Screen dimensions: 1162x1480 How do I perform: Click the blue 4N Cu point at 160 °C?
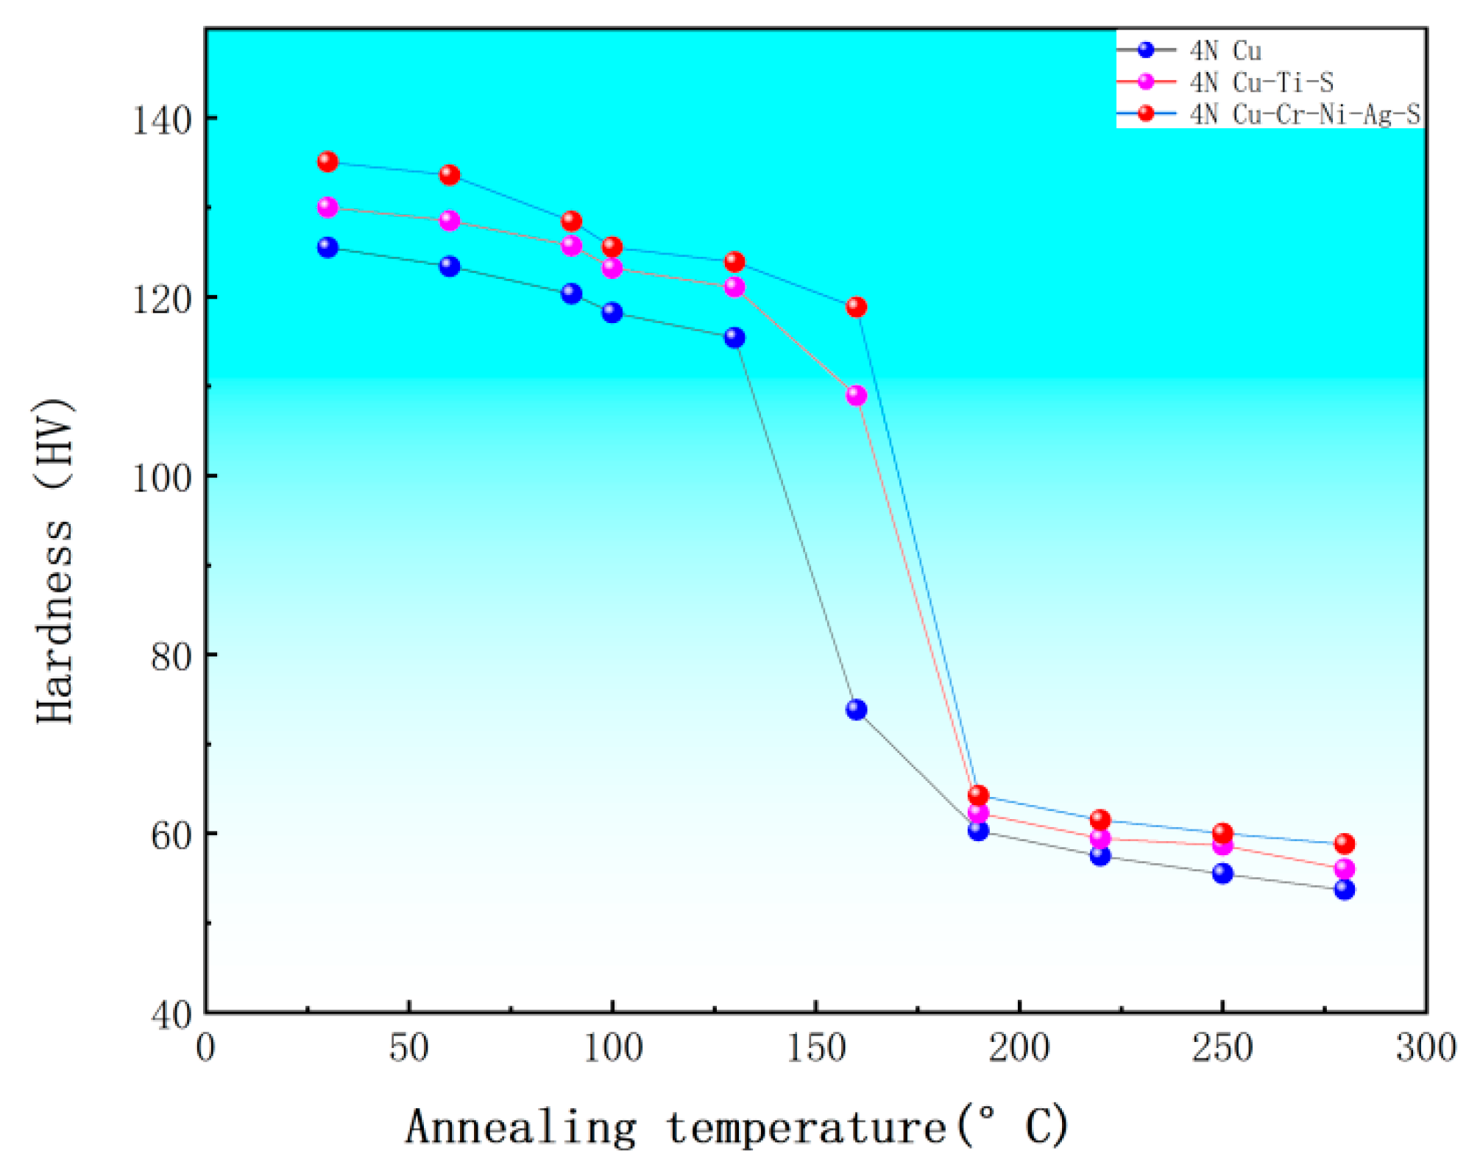point(856,709)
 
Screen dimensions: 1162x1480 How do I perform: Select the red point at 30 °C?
point(327,162)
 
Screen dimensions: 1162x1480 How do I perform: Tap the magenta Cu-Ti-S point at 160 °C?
point(856,396)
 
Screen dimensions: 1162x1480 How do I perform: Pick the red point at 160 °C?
point(856,307)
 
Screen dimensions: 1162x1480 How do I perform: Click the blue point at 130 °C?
point(734,338)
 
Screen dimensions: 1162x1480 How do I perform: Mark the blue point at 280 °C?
point(1345,890)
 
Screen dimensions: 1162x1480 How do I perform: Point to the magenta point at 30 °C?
point(327,208)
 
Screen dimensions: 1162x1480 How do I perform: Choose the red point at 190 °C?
point(978,796)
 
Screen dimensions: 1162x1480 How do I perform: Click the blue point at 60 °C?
point(450,266)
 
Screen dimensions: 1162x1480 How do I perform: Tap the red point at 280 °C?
point(1345,843)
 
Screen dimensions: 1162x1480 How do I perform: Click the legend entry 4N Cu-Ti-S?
point(1261,82)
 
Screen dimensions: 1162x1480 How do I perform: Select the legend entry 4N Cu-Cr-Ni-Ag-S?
point(1304,114)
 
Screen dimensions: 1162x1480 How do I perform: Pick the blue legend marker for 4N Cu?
point(1146,50)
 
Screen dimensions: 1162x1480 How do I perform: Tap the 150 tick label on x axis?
point(816,1048)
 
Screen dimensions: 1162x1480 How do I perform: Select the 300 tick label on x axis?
point(1426,1048)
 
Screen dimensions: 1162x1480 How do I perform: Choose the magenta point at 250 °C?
point(1222,846)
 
